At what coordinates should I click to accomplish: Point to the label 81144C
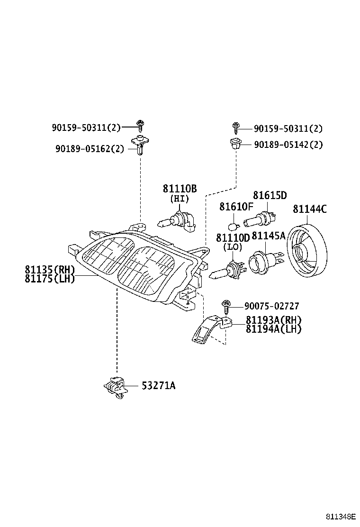[x=310, y=209]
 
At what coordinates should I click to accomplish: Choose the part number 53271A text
[x=158, y=386]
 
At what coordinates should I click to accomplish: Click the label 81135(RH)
[x=50, y=270]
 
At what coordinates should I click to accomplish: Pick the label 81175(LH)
[x=50, y=279]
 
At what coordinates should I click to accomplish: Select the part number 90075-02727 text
[x=272, y=306]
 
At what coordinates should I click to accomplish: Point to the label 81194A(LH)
[x=273, y=328]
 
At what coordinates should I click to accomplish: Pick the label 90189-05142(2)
[x=288, y=145]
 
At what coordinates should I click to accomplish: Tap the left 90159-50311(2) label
[x=86, y=127]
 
